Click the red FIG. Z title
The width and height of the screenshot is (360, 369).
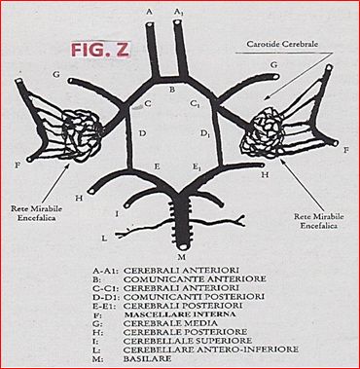(100, 50)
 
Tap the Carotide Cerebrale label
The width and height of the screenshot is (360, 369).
(282, 44)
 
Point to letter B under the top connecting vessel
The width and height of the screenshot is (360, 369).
(172, 90)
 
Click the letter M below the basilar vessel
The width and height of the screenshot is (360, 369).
(182, 257)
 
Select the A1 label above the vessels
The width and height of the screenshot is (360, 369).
(178, 13)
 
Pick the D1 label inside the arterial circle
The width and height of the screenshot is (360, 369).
(203, 132)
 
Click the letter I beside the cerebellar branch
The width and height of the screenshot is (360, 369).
(117, 214)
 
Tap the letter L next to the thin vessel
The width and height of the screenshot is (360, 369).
(104, 239)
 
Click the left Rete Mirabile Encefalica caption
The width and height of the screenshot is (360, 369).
(37, 213)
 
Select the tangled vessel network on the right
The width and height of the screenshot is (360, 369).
(264, 131)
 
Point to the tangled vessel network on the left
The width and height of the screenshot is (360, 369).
(82, 135)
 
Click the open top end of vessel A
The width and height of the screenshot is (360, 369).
(150, 24)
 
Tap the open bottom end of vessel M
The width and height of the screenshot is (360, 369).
(183, 246)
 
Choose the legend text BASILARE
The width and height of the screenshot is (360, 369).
(147, 359)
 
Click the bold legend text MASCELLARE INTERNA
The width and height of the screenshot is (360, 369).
(180, 314)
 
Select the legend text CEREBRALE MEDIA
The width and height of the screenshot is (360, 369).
(170, 323)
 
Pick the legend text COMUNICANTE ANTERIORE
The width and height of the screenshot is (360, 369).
(195, 278)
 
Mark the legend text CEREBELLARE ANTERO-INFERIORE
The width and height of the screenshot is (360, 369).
(211, 350)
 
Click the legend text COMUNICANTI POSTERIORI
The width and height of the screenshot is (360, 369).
(194, 297)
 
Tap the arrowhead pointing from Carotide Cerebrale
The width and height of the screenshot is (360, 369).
(267, 97)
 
